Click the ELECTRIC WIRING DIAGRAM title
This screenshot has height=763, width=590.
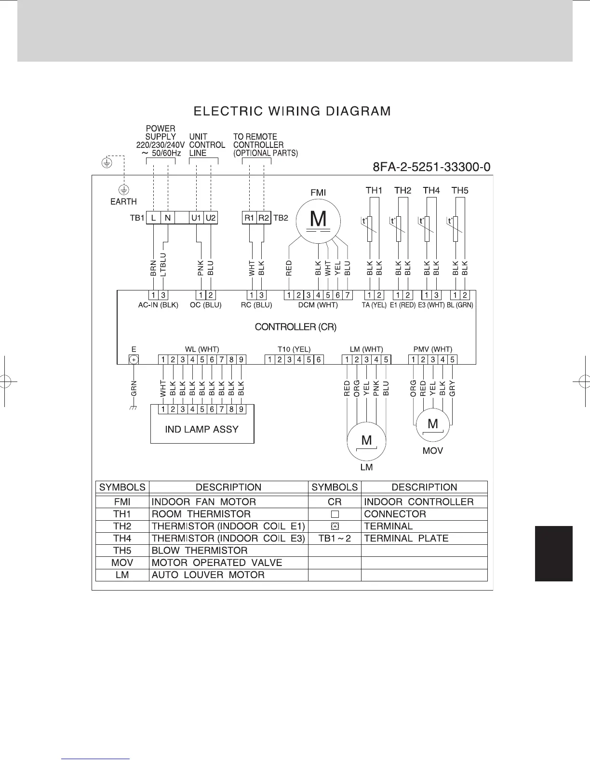point(292,111)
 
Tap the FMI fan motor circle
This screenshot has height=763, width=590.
point(318,220)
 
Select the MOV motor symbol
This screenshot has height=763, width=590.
point(433,424)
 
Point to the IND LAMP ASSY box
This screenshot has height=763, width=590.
point(202,429)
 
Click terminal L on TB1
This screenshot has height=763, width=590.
point(153,218)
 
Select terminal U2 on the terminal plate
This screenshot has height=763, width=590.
point(211,218)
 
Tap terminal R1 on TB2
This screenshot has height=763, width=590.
point(249,218)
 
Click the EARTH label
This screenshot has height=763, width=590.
point(123,201)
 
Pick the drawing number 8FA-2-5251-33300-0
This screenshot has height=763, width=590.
point(432,167)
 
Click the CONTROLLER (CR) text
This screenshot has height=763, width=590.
point(295,327)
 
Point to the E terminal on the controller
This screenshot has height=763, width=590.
point(134,359)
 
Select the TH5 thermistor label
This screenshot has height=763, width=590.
point(459,190)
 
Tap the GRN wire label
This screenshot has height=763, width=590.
point(134,388)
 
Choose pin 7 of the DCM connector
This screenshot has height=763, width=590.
point(348,295)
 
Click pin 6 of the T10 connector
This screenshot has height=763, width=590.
point(318,359)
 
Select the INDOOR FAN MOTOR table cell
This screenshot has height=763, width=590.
point(203,501)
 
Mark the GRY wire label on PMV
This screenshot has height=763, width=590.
point(452,388)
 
